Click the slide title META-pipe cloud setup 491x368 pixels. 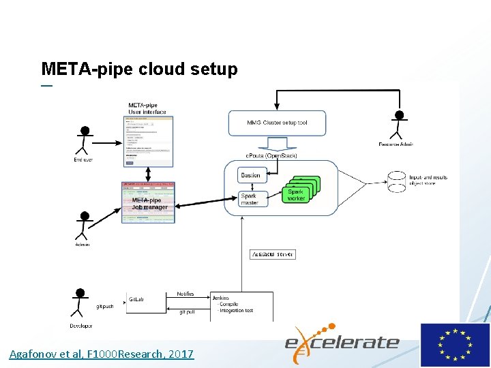[139, 69]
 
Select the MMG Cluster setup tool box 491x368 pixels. [278, 123]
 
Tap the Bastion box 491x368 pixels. [250, 176]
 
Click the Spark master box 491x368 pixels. [250, 199]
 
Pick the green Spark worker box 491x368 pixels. [296, 195]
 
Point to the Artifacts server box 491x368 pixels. [273, 254]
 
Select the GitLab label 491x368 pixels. [136, 298]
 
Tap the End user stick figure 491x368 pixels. [85, 141]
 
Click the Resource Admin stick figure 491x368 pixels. [399, 126]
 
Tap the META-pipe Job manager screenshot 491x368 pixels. [148, 202]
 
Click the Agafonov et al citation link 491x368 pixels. [102, 354]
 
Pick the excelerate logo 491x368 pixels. [341, 341]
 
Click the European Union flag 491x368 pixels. [454, 345]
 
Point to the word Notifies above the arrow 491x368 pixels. [185, 294]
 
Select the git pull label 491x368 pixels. [188, 311]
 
